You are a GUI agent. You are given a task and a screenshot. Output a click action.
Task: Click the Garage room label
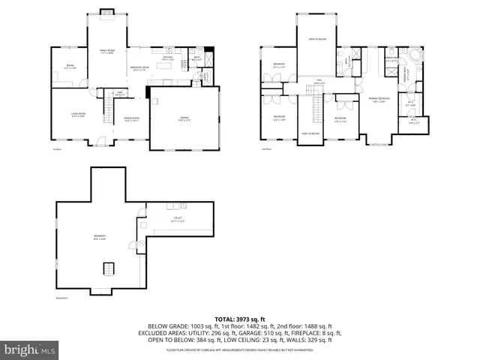click(184, 118)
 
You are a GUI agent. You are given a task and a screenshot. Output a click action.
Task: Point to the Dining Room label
click(133, 120)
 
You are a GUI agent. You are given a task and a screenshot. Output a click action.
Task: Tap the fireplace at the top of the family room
click(107, 12)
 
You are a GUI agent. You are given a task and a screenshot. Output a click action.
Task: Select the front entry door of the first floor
click(96, 145)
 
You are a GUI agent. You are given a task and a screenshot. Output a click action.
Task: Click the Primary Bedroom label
click(379, 100)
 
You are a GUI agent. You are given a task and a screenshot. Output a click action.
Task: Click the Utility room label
click(178, 220)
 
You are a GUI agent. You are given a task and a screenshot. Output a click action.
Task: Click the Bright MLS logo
click(29, 349)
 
